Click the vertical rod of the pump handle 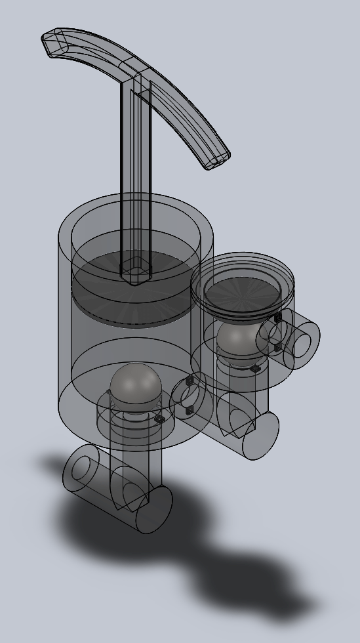tap(136, 171)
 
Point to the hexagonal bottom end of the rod tap(134, 272)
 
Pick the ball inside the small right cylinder tap(237, 337)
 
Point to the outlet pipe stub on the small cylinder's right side tap(300, 341)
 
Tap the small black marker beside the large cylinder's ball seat tap(159, 419)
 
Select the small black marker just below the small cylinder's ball tap(255, 369)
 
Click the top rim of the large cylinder tap(136, 200)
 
